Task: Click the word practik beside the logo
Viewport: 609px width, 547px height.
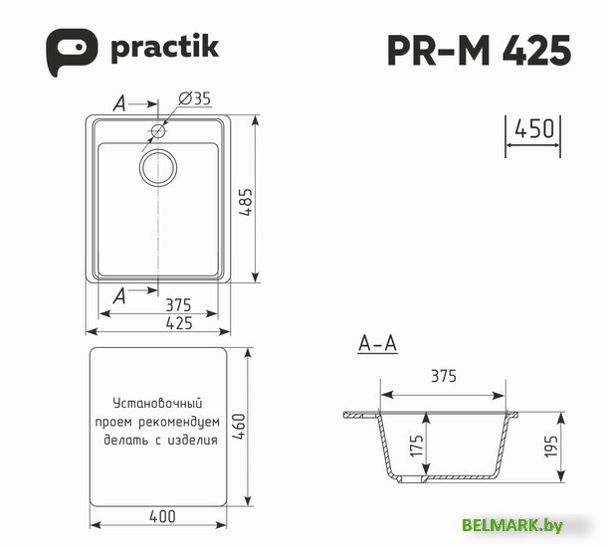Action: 164,47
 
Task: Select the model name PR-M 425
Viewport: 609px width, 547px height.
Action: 479,49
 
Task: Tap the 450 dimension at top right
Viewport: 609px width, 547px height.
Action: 533,129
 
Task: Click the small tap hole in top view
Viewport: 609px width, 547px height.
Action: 158,131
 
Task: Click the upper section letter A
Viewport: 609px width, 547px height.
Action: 119,102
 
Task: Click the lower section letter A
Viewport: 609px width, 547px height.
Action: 119,293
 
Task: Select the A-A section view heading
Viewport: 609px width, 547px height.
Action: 377,345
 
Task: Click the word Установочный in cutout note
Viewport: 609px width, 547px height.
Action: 157,404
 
